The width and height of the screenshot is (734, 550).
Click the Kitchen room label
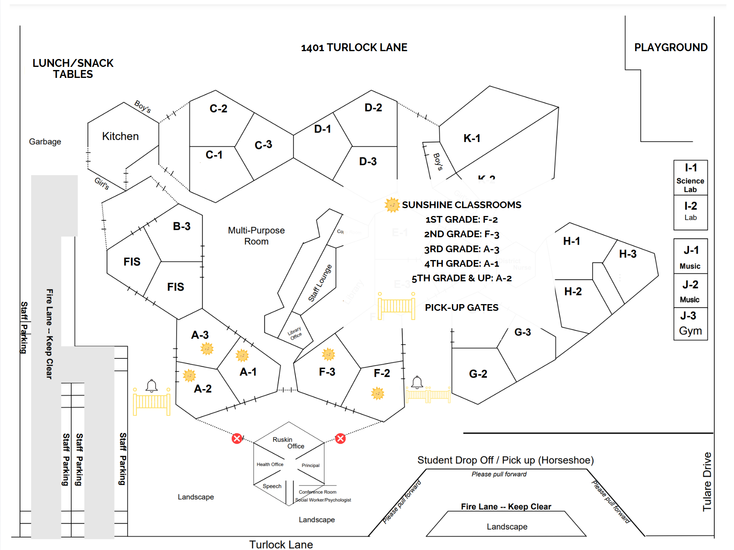(x=120, y=136)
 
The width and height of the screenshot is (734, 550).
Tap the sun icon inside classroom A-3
(x=207, y=348)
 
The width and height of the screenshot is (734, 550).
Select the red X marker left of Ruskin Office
(x=237, y=438)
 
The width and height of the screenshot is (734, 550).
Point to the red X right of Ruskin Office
(x=340, y=438)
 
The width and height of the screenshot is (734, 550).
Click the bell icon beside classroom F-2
(x=417, y=382)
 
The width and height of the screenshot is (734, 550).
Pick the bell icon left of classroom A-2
(x=152, y=386)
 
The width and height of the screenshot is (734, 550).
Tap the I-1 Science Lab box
(x=690, y=178)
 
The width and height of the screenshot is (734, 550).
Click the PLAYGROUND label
(x=671, y=48)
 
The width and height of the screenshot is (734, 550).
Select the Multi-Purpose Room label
(x=256, y=236)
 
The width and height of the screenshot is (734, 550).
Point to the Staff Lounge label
(x=320, y=283)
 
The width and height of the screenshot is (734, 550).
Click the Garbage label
(x=45, y=142)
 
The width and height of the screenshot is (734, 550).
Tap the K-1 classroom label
(x=472, y=138)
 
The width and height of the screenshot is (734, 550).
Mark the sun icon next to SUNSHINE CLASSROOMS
(x=392, y=205)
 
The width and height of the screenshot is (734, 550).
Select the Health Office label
(x=270, y=464)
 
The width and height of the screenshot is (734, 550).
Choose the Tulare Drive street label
(x=707, y=482)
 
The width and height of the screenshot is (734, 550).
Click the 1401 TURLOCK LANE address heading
(x=354, y=48)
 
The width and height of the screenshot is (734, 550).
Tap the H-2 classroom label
(x=572, y=292)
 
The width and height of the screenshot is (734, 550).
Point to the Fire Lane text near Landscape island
(x=506, y=507)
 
